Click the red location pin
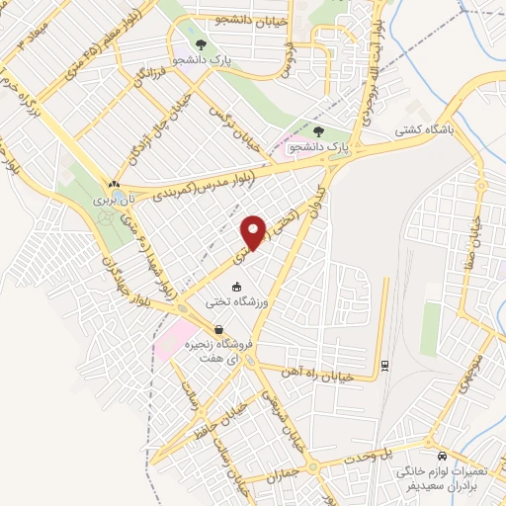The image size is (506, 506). pos(255,231)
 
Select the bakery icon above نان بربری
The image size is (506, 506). pos(114,184)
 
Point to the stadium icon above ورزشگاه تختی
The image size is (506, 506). pos(235,287)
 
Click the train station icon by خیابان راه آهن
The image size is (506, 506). pos(384,368)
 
